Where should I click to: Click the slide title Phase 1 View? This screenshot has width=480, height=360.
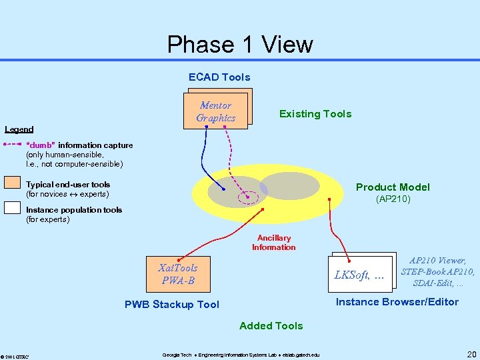coord(240,45)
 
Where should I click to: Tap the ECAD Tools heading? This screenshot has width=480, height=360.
coord(219,77)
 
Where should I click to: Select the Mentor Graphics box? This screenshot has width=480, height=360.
coord(216,111)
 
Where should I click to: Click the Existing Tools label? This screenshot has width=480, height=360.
coord(315,114)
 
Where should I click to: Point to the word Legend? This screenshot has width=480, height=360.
coord(19,129)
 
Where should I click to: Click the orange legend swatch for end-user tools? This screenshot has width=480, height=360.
coord(12,183)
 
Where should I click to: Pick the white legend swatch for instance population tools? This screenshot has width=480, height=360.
coord(12,207)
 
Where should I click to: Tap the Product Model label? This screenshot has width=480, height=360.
coord(393,187)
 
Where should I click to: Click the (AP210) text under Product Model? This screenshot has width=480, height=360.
coord(393,199)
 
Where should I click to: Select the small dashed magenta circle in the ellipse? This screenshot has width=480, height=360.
coord(251,197)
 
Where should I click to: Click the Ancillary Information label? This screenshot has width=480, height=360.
coord(273,243)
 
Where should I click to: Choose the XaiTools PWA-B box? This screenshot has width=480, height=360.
coord(178,274)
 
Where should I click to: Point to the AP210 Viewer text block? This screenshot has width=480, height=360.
coord(437,272)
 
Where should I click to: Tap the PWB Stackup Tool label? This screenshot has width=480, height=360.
coord(172,305)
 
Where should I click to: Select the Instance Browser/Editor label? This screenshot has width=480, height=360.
coord(397,302)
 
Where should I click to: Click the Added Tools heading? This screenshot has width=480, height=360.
coord(271,326)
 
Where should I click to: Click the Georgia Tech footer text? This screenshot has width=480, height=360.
coord(241,354)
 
